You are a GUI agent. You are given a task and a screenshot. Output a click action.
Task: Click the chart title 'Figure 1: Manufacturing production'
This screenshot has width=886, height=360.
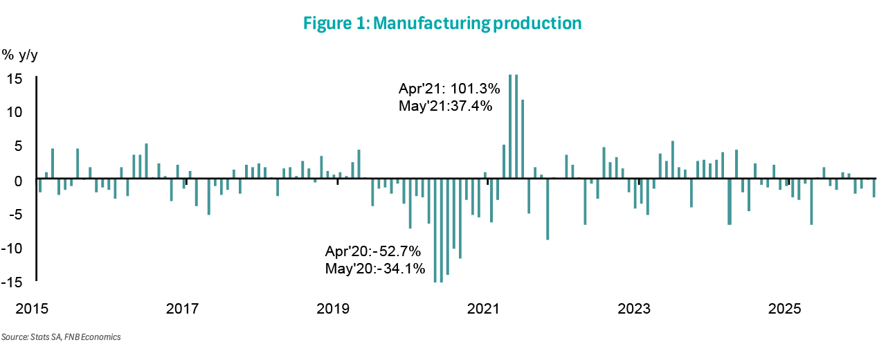click(442, 23)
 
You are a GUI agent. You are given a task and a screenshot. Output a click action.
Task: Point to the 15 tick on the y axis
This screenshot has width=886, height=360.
click(16, 78)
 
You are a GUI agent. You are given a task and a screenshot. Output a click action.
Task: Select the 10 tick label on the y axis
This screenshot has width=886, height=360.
click(16, 111)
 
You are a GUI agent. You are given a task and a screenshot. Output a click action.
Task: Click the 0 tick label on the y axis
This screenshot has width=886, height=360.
click(19, 180)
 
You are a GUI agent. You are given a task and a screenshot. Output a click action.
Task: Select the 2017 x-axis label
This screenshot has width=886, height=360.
click(183, 307)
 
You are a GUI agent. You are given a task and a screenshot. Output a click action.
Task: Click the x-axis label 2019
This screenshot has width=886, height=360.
click(334, 307)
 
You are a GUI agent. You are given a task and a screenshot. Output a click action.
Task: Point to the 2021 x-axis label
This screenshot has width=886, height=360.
click(485, 307)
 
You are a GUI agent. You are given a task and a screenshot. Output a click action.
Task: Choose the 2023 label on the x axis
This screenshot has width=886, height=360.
click(635, 307)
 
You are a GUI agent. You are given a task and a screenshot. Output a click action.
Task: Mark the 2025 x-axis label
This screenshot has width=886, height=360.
click(786, 307)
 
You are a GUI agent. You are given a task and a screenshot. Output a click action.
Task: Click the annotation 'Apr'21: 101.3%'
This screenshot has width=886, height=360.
click(445, 89)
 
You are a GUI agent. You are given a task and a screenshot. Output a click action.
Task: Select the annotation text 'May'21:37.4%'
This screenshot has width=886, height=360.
click(445, 107)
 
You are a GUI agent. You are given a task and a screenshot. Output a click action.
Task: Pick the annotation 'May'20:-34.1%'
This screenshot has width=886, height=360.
click(374, 268)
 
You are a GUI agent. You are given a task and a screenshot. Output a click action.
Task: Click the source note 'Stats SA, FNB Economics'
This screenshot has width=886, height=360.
click(61, 337)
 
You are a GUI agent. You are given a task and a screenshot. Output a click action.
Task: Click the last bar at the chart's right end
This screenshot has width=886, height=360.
click(874, 188)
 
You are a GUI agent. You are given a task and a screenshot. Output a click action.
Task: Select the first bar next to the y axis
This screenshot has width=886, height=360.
click(40, 185)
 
